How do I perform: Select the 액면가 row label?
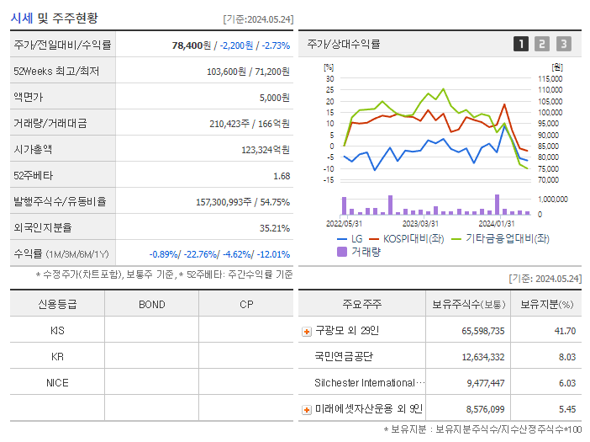[x=29, y=98]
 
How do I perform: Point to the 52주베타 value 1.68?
[x=282, y=176]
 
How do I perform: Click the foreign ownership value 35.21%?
[x=275, y=228]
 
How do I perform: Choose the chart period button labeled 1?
[x=521, y=45]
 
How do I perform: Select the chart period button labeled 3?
[x=563, y=45]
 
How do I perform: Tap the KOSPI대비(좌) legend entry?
[x=406, y=239]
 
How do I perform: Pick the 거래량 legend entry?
[x=359, y=252]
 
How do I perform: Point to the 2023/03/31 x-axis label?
[x=420, y=224]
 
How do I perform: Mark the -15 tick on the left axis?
[x=329, y=179]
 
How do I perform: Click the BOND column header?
[x=151, y=304]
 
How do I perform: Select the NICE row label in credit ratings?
[x=57, y=382]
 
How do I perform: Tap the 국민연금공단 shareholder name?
[x=345, y=357]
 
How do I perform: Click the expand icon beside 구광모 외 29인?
[x=307, y=331]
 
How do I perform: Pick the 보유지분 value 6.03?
[x=567, y=383]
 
